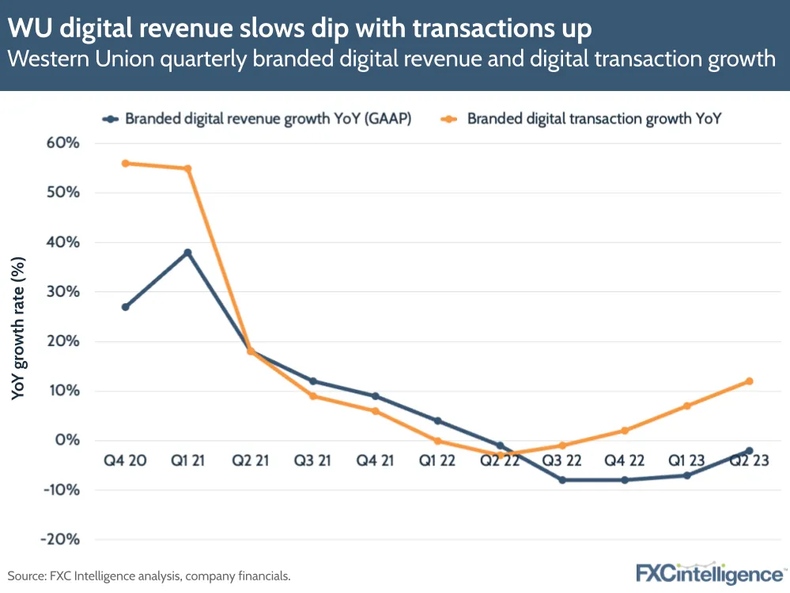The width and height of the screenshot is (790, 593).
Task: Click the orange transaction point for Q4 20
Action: pos(126,163)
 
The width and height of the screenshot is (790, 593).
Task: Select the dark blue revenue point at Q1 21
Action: pos(187,253)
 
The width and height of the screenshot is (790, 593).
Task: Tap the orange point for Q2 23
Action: pos(749,381)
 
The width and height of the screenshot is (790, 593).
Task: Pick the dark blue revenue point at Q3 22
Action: pos(562,480)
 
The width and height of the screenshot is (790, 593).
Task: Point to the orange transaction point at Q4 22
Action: pos(625,431)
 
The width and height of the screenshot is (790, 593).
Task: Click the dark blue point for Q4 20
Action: pos(126,307)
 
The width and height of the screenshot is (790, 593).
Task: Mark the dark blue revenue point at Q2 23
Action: pos(749,450)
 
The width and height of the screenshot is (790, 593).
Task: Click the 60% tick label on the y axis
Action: pos(64,143)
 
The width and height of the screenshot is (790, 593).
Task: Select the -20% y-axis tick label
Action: pos(60,539)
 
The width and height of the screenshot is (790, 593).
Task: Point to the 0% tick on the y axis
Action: pos(68,440)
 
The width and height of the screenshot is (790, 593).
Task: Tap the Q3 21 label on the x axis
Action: pos(312,461)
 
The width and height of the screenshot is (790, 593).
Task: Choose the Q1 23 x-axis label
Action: pos(686,461)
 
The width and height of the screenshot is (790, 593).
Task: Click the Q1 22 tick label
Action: pos(437,461)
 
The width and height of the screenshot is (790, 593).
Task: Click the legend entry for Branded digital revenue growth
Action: pos(257,119)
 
